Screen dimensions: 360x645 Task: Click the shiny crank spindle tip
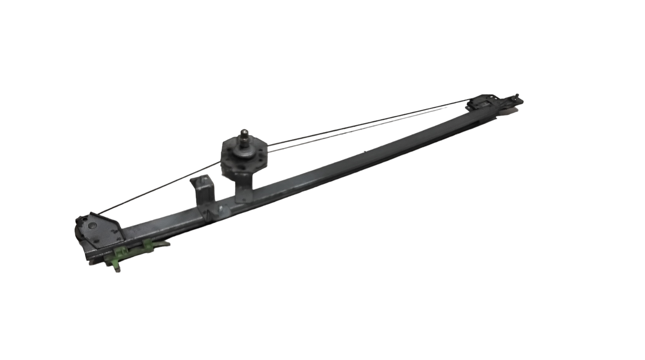(x=244, y=132)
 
